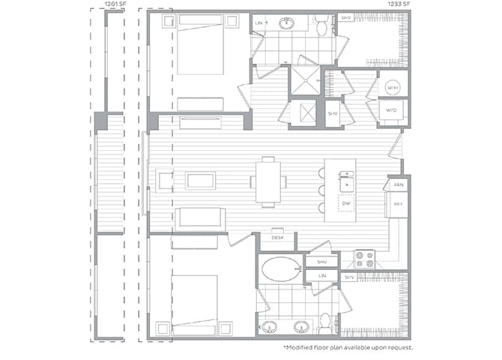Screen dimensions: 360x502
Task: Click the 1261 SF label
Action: click(115, 4)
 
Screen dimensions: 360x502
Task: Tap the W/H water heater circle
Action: click(393, 88)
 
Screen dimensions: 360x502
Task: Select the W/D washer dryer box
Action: click(392, 110)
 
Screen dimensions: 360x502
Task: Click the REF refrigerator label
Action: click(398, 203)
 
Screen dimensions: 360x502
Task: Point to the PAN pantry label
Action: click(398, 184)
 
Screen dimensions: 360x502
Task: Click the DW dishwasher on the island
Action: click(345, 203)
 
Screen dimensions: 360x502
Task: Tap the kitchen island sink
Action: click(345, 180)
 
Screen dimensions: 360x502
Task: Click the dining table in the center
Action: click(267, 181)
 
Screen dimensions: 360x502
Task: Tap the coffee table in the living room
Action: click(200, 181)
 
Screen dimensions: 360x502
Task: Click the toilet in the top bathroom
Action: click(322, 28)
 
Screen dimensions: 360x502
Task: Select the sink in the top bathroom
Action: click(286, 23)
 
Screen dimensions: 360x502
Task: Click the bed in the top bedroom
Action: click(199, 45)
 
